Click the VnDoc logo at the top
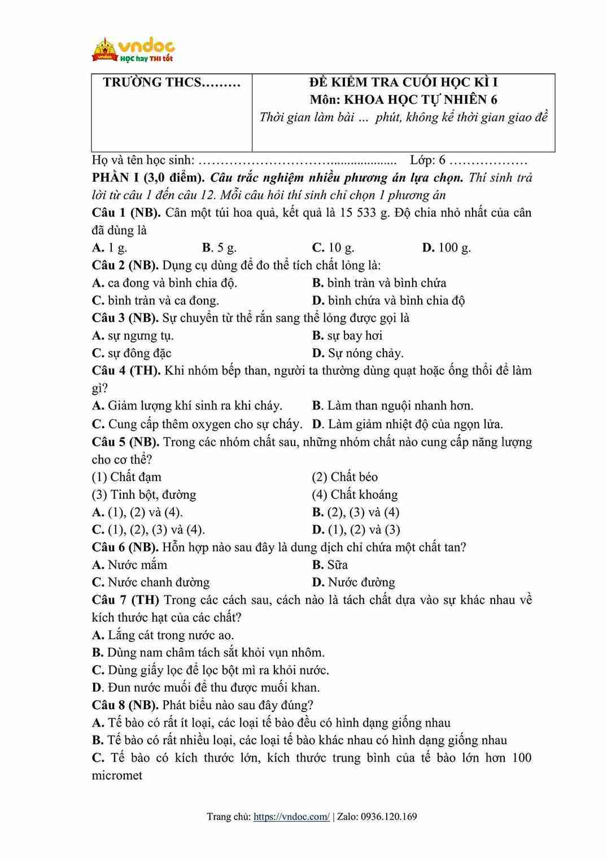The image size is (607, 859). click(x=133, y=50)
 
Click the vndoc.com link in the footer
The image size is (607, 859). click(x=291, y=816)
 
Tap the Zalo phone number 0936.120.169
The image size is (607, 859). click(x=388, y=816)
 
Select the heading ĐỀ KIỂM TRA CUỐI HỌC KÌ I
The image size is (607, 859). click(x=403, y=82)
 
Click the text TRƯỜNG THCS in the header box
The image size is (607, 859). click(x=171, y=82)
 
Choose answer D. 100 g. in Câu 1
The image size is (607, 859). click(x=446, y=248)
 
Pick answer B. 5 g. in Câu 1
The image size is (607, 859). click(x=219, y=248)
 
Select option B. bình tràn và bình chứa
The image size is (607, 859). click(x=379, y=283)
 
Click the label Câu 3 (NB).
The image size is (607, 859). click(x=125, y=318)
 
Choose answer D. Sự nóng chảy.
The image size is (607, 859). click(x=357, y=353)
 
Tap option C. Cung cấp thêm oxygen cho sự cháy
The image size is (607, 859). click(x=197, y=423)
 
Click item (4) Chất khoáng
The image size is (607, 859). click(x=355, y=494)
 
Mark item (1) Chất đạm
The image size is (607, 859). click(x=126, y=477)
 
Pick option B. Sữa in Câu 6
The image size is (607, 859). click(x=330, y=565)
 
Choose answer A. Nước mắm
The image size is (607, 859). click(x=129, y=565)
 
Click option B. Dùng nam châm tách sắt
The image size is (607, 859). click(x=208, y=652)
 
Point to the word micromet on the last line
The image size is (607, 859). click(x=117, y=775)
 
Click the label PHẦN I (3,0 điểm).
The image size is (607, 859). click(x=149, y=177)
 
